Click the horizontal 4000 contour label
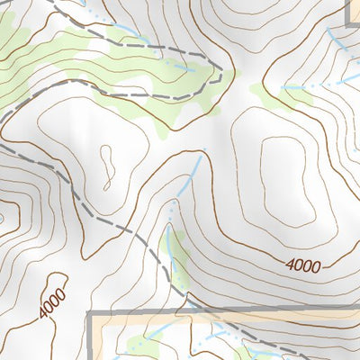click(x=304, y=265)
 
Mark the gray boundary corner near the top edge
click(x=349, y=20)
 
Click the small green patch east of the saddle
click(x=270, y=94)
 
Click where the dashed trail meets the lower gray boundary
click(x=193, y=311)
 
